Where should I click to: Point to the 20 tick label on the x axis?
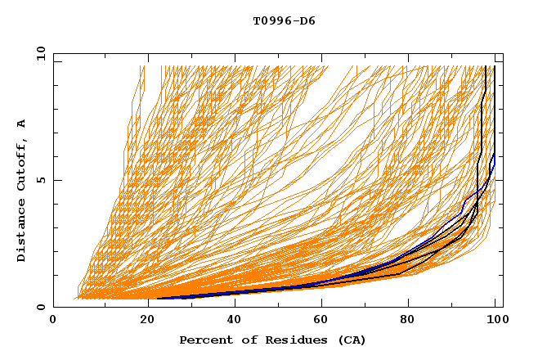click(142, 319)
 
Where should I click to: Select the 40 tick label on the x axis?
click(231, 319)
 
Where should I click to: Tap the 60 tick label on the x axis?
click(319, 319)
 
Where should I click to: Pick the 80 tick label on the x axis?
click(407, 319)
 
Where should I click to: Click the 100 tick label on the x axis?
click(495, 319)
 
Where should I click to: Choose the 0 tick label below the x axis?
click(54, 319)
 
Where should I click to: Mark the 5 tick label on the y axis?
click(41, 180)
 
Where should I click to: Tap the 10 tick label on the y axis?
click(38, 53)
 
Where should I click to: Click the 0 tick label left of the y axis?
click(41, 307)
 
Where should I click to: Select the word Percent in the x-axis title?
click(204, 340)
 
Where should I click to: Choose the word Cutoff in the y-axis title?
click(21, 164)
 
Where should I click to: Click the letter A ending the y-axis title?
click(21, 124)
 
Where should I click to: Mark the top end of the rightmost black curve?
click(495, 67)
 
